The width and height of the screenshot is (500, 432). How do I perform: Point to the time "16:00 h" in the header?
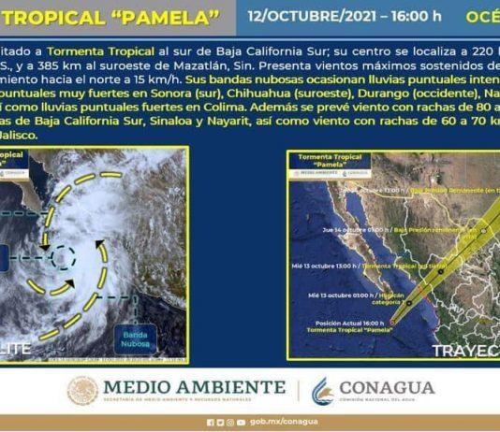click(416, 17)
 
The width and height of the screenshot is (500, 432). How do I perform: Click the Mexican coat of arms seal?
click(82, 391)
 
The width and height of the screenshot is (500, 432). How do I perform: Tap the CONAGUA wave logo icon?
click(323, 391)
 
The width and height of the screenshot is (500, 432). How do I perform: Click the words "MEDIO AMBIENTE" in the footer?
click(194, 386)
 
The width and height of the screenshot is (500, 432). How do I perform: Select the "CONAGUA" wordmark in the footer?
click(386, 387)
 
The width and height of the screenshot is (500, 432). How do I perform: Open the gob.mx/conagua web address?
click(276, 422)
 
